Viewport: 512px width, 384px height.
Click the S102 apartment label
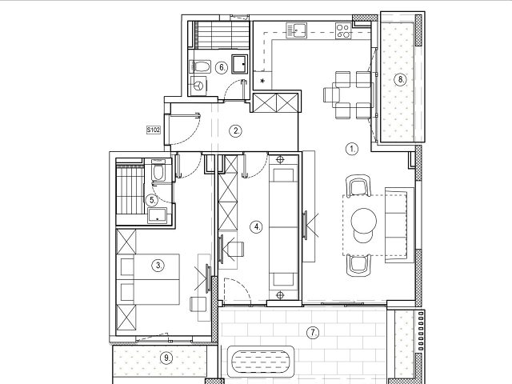[153, 130]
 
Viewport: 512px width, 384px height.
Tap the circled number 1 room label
[352, 149]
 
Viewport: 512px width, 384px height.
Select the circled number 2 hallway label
[236, 131]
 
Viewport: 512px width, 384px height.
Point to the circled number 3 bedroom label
[158, 265]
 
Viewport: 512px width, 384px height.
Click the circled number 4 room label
[257, 226]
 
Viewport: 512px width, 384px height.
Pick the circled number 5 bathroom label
[152, 200]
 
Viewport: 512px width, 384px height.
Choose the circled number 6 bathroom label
[222, 67]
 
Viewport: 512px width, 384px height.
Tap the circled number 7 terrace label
[313, 333]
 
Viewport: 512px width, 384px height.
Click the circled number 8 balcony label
[400, 79]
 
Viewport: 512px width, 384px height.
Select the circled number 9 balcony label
[166, 358]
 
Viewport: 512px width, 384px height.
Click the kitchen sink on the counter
[297, 30]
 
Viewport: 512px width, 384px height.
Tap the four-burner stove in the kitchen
[343, 30]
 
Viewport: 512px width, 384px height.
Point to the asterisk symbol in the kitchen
[262, 81]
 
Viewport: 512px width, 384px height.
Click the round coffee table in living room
[363, 221]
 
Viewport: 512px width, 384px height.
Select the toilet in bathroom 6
[199, 66]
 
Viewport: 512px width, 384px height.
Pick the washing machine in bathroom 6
[198, 86]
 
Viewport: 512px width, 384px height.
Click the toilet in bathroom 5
[158, 171]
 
